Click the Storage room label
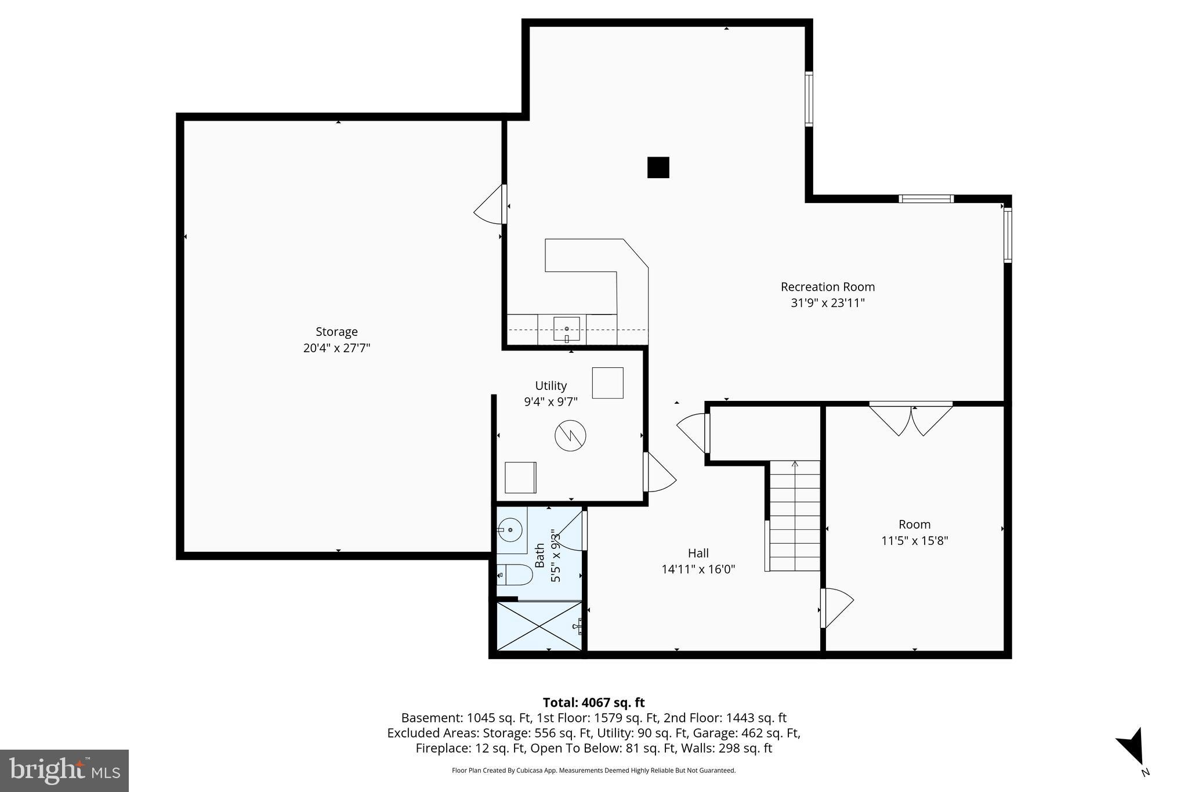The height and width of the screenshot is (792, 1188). pos(336,332)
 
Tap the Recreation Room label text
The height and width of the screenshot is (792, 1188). pos(827,287)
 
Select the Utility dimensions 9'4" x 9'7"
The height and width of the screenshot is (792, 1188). pos(550,402)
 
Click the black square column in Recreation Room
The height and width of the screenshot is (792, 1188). pos(658,168)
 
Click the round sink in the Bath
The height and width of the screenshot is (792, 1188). pos(511,530)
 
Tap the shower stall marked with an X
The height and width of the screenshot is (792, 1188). pos(539,627)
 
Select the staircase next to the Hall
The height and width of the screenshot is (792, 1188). pos(795,516)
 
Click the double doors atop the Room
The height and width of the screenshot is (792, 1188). pos(911,419)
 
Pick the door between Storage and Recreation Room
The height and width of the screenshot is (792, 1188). pos(490,205)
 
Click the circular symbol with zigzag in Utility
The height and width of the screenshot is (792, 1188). pos(570,435)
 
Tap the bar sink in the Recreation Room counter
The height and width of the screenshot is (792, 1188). pos(566,330)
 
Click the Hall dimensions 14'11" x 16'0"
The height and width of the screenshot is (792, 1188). pos(698,569)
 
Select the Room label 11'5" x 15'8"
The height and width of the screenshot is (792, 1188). pos(914,541)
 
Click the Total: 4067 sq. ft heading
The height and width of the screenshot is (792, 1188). pos(593,703)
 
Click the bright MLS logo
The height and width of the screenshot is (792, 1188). pos(64,771)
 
